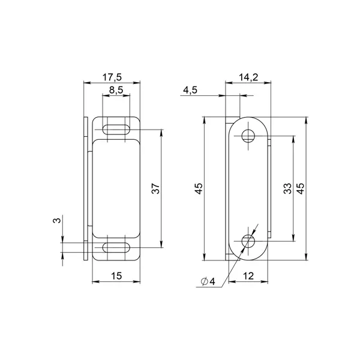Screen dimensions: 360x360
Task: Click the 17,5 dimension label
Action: coord(112,77)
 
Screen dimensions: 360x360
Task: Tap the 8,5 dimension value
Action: coord(116,90)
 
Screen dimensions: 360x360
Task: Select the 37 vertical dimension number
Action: coord(155,188)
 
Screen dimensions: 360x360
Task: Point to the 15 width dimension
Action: coord(116,276)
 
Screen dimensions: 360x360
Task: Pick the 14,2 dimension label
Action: coord(248,77)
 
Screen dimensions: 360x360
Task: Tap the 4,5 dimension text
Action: coord(190,90)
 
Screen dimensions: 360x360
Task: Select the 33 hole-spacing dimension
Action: coord(287,188)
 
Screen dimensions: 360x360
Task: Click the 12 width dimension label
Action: coord(248,276)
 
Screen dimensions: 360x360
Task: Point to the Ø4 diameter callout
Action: coord(208,281)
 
